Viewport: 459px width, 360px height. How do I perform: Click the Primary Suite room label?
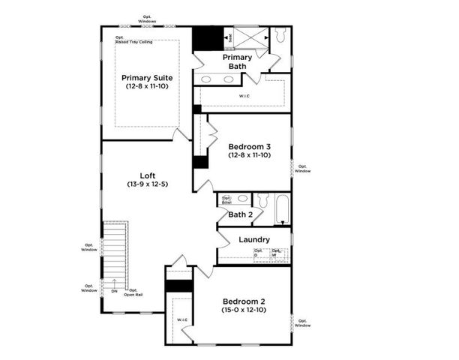point(147,77)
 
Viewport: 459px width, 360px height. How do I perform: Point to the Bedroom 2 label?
point(242,301)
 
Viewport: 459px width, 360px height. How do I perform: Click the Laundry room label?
point(253,239)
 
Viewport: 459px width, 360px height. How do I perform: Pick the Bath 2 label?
point(240,214)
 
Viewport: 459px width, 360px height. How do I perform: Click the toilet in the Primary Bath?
point(281,36)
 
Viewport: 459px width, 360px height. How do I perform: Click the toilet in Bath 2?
point(262,199)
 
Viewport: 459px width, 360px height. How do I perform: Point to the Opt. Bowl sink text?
point(226,200)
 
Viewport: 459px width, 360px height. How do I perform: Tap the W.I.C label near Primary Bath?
point(244,96)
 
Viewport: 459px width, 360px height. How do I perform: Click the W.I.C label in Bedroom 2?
point(181,320)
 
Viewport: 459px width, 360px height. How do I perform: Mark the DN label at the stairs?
point(114,291)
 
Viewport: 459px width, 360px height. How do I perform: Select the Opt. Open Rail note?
point(135,292)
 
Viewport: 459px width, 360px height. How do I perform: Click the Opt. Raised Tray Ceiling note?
point(133,40)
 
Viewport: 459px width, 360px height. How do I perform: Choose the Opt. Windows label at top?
point(147,19)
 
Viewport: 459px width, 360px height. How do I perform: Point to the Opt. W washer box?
point(277,253)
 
